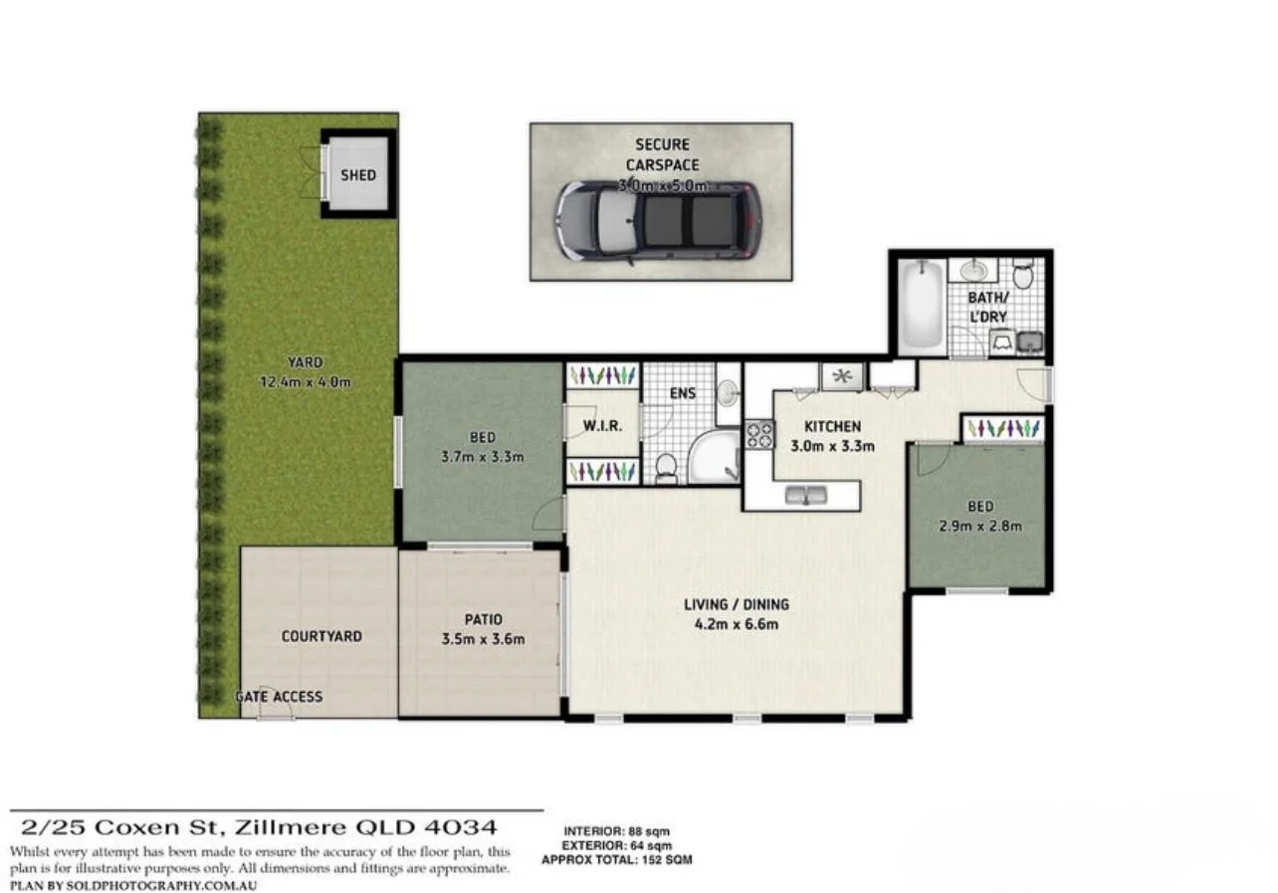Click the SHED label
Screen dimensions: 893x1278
[x=358, y=175]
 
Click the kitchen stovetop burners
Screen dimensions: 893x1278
[x=759, y=434]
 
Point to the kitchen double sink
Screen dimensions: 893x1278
[x=807, y=495]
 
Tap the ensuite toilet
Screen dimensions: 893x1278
[x=666, y=467]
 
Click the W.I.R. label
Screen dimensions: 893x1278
[x=602, y=426]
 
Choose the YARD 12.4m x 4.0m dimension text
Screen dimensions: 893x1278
[x=306, y=381]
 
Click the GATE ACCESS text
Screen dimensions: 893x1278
[x=279, y=697]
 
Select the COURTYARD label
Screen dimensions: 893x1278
[x=321, y=636]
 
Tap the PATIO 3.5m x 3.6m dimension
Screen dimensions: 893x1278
[x=483, y=639]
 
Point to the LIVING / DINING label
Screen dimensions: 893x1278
[x=736, y=604]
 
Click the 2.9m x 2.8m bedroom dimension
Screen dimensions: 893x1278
[x=980, y=526]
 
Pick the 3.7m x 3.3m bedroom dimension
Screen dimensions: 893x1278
[x=482, y=457]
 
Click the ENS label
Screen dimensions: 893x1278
[x=682, y=393]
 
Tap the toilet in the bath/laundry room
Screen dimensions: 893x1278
[x=1022, y=273]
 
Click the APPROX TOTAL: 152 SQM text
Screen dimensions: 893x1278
[x=616, y=859]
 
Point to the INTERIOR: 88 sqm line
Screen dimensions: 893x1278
[x=616, y=831]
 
